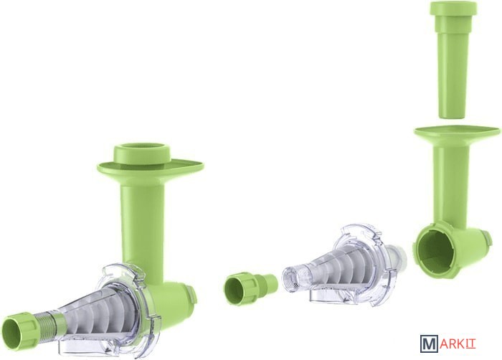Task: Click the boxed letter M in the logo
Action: pos(429,344)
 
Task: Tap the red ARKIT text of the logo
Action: pos(458,344)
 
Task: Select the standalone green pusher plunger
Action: pos(453,60)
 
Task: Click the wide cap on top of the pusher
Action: pos(453,8)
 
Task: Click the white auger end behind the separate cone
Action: pos(398,255)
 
